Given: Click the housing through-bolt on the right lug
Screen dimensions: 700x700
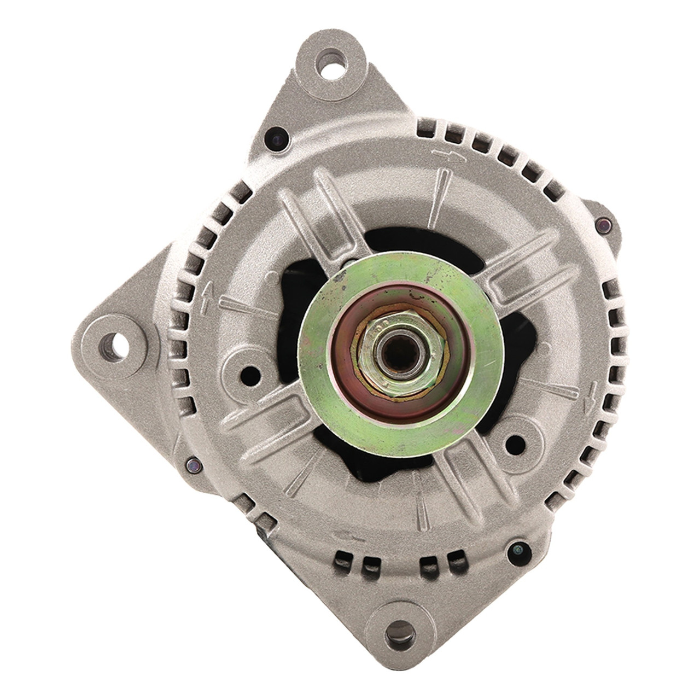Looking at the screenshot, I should point(604,225).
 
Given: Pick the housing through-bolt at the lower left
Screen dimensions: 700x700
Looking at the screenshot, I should point(192,466).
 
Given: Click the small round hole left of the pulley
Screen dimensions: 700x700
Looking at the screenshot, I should point(249,374).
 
